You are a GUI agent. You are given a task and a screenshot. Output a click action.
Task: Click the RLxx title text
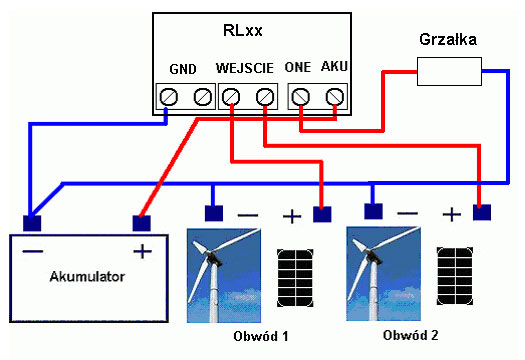(x=243, y=31)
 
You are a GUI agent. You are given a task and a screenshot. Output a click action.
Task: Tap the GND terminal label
(x=183, y=69)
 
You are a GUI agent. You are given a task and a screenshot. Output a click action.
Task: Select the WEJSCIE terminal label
(x=246, y=69)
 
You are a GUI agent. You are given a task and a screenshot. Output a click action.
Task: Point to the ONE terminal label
(x=299, y=69)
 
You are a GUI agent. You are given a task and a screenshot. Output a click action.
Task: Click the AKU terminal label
(x=333, y=69)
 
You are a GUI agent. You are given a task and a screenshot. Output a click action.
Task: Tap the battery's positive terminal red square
(x=141, y=222)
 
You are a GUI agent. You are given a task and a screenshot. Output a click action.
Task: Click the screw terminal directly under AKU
(x=334, y=97)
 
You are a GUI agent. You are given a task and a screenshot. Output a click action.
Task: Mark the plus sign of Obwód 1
(x=291, y=215)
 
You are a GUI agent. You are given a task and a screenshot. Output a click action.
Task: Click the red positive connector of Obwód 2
(x=482, y=212)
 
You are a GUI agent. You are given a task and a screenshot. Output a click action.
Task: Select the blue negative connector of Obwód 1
(x=213, y=212)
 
